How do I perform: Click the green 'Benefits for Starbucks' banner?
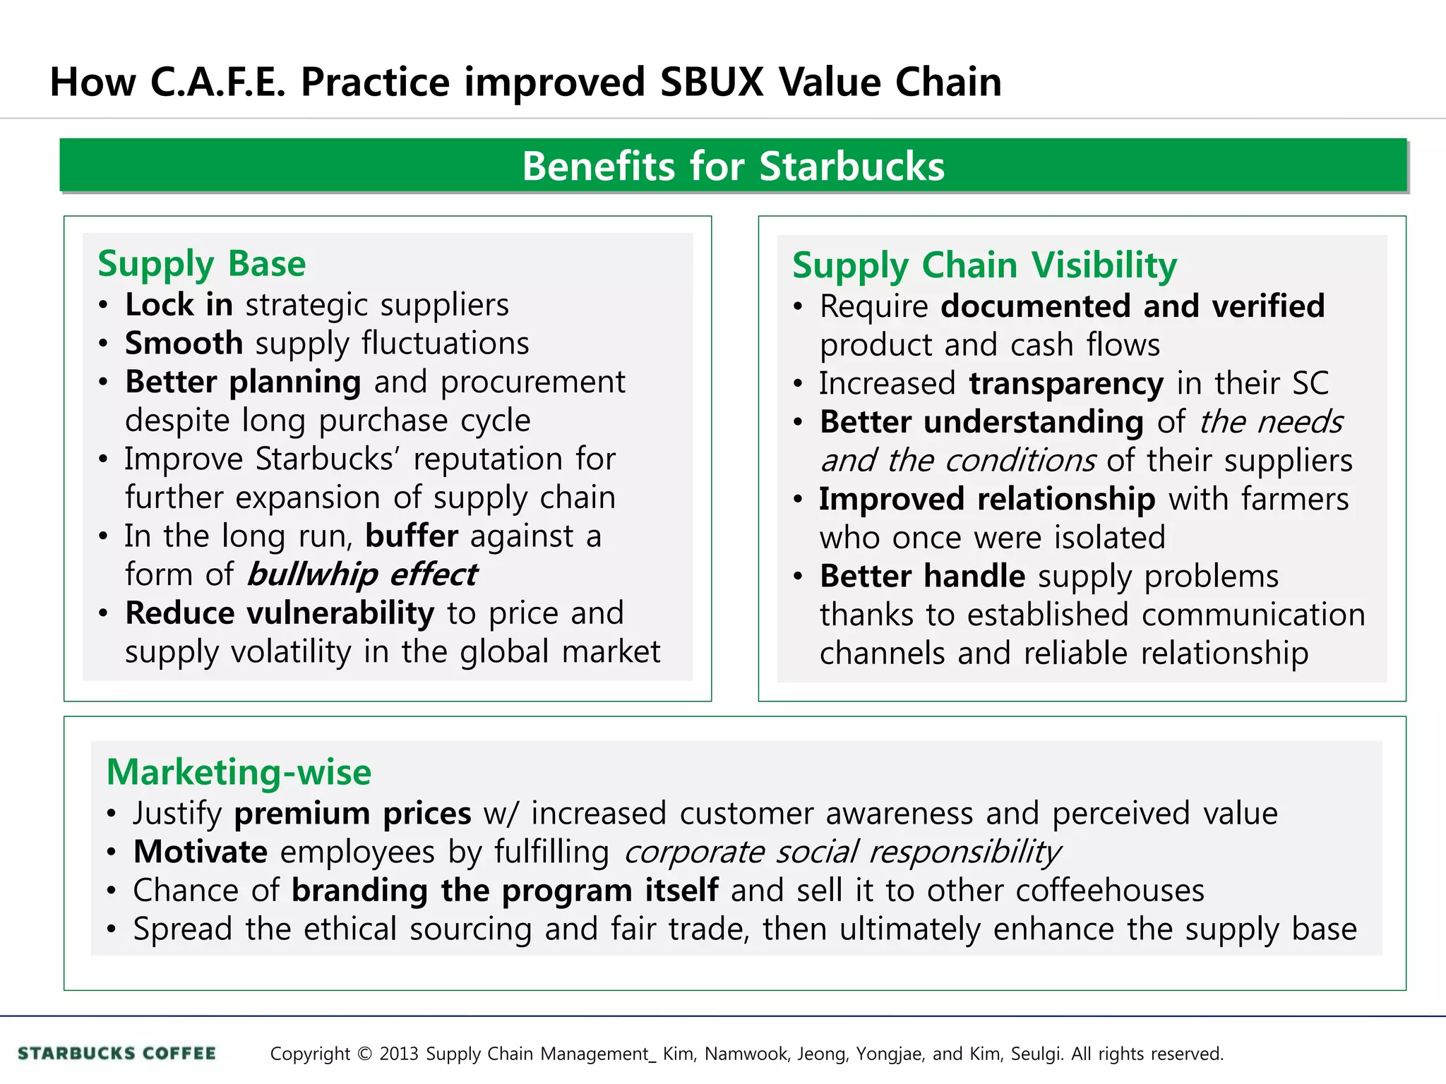click(733, 166)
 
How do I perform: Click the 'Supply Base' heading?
click(202, 264)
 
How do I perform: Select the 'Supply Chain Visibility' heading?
click(984, 266)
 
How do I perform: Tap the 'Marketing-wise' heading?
click(239, 772)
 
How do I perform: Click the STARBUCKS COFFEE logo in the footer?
click(117, 1054)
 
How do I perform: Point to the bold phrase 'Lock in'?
click(179, 305)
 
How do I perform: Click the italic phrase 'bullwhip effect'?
click(362, 574)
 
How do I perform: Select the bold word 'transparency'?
click(1065, 383)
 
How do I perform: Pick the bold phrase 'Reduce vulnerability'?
click(280, 613)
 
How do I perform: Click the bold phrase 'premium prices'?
click(352, 814)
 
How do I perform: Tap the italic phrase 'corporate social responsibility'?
click(842, 852)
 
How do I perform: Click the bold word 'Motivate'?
click(201, 852)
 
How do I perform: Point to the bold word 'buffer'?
click(412, 536)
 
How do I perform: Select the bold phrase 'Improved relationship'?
click(987, 499)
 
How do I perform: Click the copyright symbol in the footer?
click(364, 1054)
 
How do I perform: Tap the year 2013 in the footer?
click(400, 1054)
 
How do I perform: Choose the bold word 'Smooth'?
click(184, 344)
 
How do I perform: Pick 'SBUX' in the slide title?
click(712, 82)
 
